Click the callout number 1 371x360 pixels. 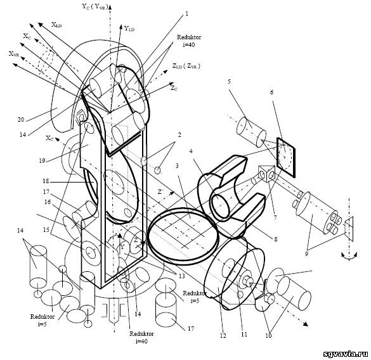[x=186, y=14]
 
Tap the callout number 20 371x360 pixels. [x=21, y=120]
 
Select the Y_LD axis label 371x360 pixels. [x=129, y=29]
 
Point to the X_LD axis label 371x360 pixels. [x=56, y=25]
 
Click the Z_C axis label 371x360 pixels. [x=174, y=88]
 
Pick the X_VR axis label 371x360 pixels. [x=14, y=54]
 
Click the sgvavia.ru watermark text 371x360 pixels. [x=345, y=354]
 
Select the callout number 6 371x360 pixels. [x=271, y=93]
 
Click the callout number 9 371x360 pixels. [x=307, y=254]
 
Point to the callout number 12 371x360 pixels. [x=223, y=335]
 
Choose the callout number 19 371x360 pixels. [x=42, y=161]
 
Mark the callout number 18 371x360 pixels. [x=46, y=181]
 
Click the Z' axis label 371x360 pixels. [x=160, y=191]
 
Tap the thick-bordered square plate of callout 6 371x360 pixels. [x=286, y=157]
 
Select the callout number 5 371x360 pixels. [x=229, y=82]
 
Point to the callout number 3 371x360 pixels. [x=177, y=166]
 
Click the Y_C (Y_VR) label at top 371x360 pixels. [x=95, y=6]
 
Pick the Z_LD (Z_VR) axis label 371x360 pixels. [x=186, y=67]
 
